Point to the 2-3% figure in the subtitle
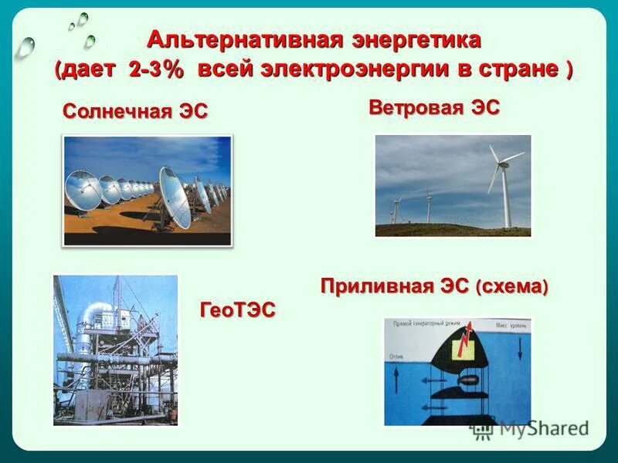(x=157, y=69)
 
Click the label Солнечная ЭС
(x=135, y=111)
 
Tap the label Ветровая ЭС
(x=433, y=106)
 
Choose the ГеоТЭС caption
(x=237, y=309)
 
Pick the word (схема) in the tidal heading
(x=511, y=287)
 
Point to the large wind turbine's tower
(x=507, y=197)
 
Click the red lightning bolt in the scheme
(x=465, y=339)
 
